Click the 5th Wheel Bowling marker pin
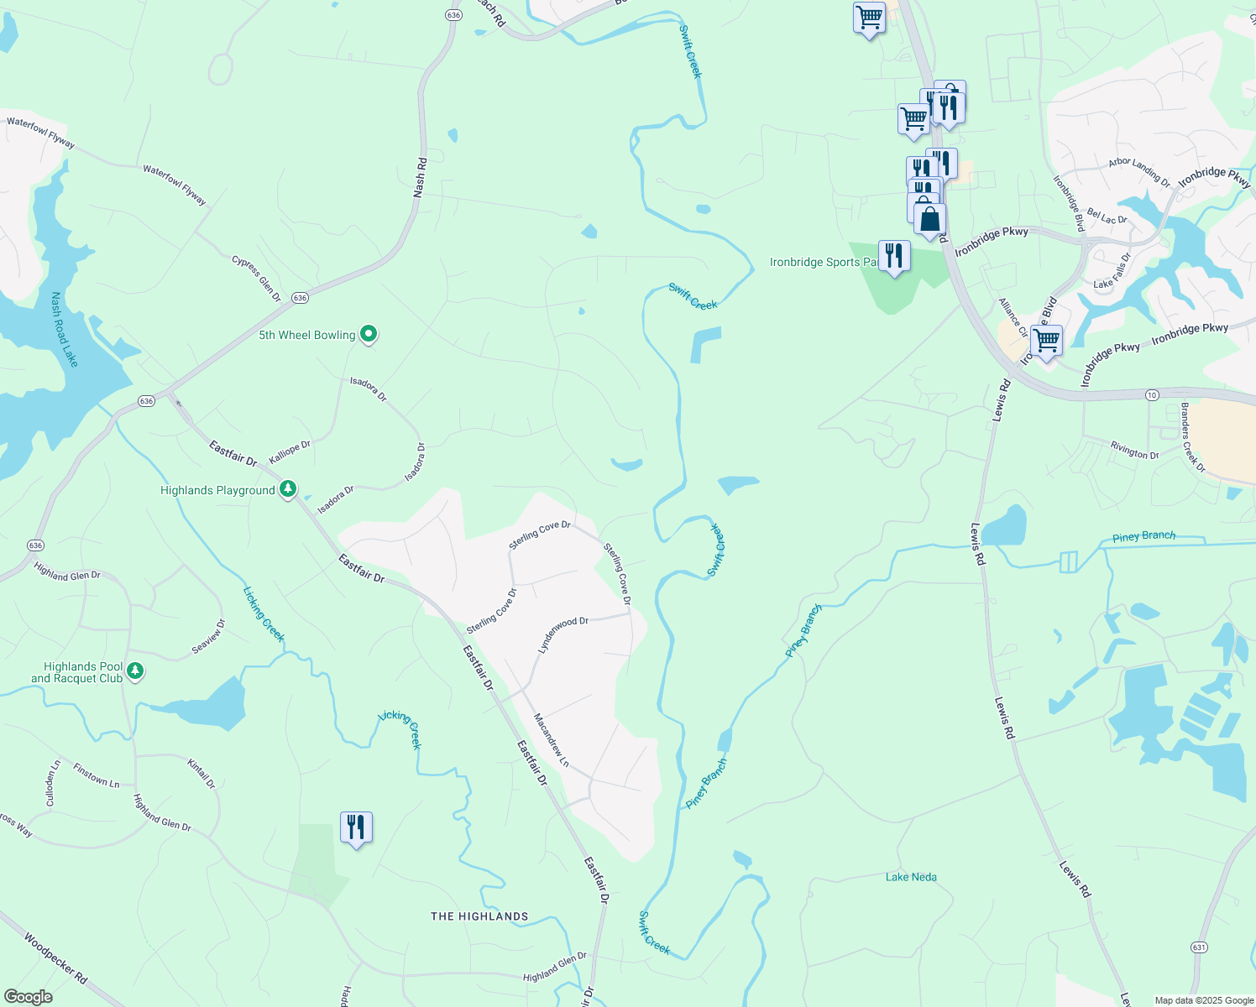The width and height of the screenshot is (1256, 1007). coord(368,334)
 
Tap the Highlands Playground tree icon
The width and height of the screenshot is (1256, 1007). coord(288,488)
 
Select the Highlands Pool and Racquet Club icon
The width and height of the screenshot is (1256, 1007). coord(135,670)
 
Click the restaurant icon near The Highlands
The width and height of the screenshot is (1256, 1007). coord(356,827)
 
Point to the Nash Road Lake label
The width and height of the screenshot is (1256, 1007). coord(64,329)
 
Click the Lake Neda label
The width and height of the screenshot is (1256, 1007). coord(911,877)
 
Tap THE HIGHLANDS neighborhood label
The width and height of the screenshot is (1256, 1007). coord(479,916)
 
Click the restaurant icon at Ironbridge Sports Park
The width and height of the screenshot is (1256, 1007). coord(894,255)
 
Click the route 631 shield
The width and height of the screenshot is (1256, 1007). coord(1199,947)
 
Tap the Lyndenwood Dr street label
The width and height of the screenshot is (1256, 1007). coord(563,635)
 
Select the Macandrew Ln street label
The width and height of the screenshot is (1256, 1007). coord(552,741)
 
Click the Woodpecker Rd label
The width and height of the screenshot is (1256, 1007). coord(55,958)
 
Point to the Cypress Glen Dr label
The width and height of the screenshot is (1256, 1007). coord(257,278)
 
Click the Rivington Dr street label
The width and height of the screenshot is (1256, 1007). coord(1134,451)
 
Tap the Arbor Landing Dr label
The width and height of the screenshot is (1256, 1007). coord(1139,171)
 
